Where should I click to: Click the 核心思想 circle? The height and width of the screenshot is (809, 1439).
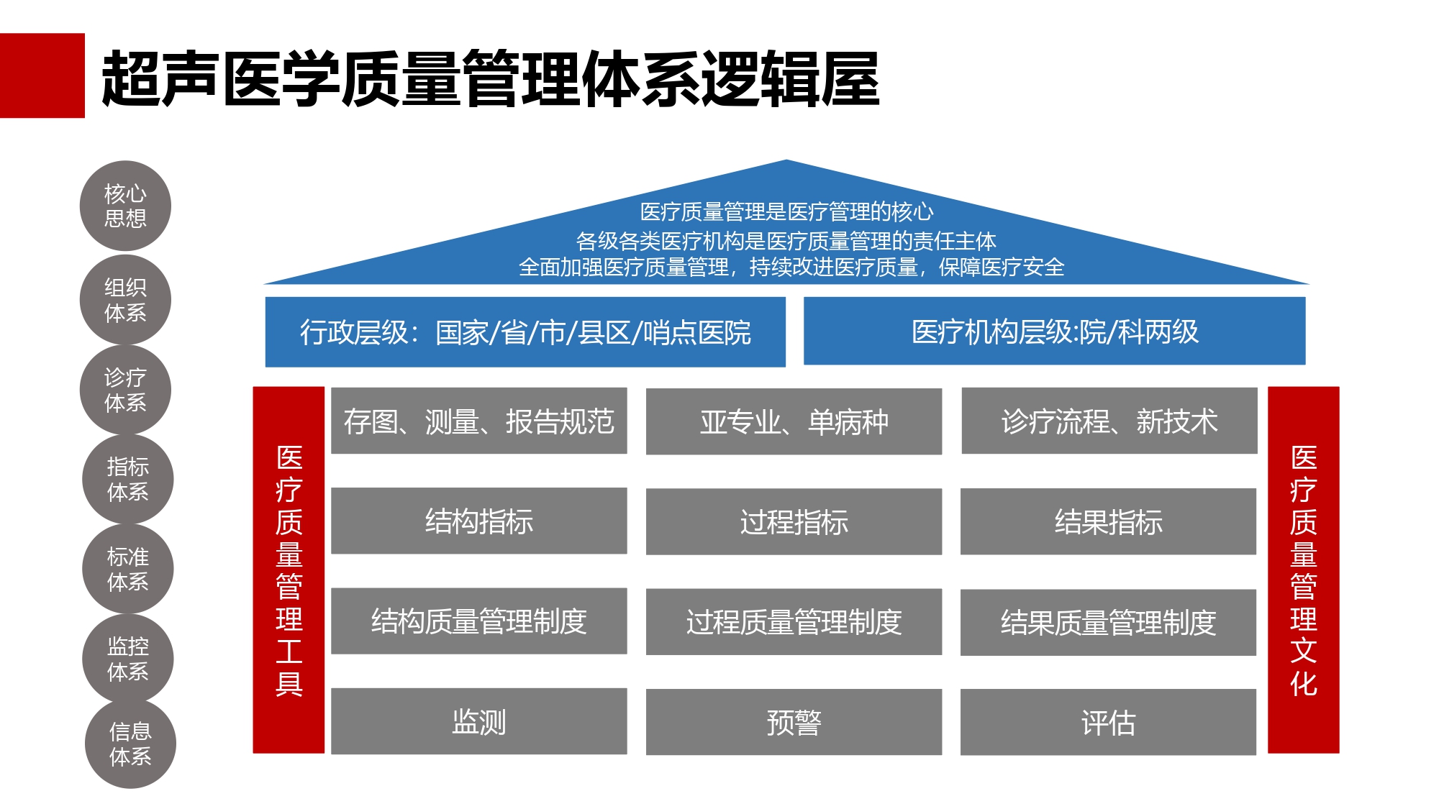[x=125, y=206]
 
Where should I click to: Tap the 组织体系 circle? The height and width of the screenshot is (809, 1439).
[x=125, y=300]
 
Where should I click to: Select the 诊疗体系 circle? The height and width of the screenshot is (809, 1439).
[x=125, y=390]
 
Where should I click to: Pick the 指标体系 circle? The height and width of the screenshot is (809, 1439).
[x=128, y=479]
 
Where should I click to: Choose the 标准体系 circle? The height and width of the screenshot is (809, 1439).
[x=128, y=569]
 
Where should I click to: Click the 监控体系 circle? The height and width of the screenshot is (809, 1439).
[x=128, y=659]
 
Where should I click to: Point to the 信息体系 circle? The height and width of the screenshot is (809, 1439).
[x=130, y=744]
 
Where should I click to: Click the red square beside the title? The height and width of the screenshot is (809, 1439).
[x=42, y=76]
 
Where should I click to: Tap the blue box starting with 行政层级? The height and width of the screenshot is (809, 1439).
[x=525, y=332]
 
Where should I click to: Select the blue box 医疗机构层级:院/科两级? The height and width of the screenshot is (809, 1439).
[x=1055, y=332]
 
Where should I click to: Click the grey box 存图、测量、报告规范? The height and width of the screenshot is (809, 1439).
[x=479, y=421]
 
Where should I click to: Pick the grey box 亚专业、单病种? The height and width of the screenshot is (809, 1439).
[x=794, y=421]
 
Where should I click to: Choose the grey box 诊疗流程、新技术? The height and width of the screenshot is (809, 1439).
[x=1109, y=421]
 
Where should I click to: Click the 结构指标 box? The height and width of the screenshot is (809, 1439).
[x=479, y=521]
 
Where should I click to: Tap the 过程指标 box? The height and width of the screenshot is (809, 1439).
[x=794, y=521]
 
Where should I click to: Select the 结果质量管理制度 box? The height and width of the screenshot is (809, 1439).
[x=1109, y=622]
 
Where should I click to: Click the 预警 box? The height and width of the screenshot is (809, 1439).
[x=794, y=722]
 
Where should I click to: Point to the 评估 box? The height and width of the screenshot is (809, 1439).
[x=1109, y=722]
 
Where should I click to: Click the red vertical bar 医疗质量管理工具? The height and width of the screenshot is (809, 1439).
[x=289, y=570]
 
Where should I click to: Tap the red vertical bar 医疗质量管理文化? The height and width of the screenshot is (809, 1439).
[x=1304, y=570]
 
